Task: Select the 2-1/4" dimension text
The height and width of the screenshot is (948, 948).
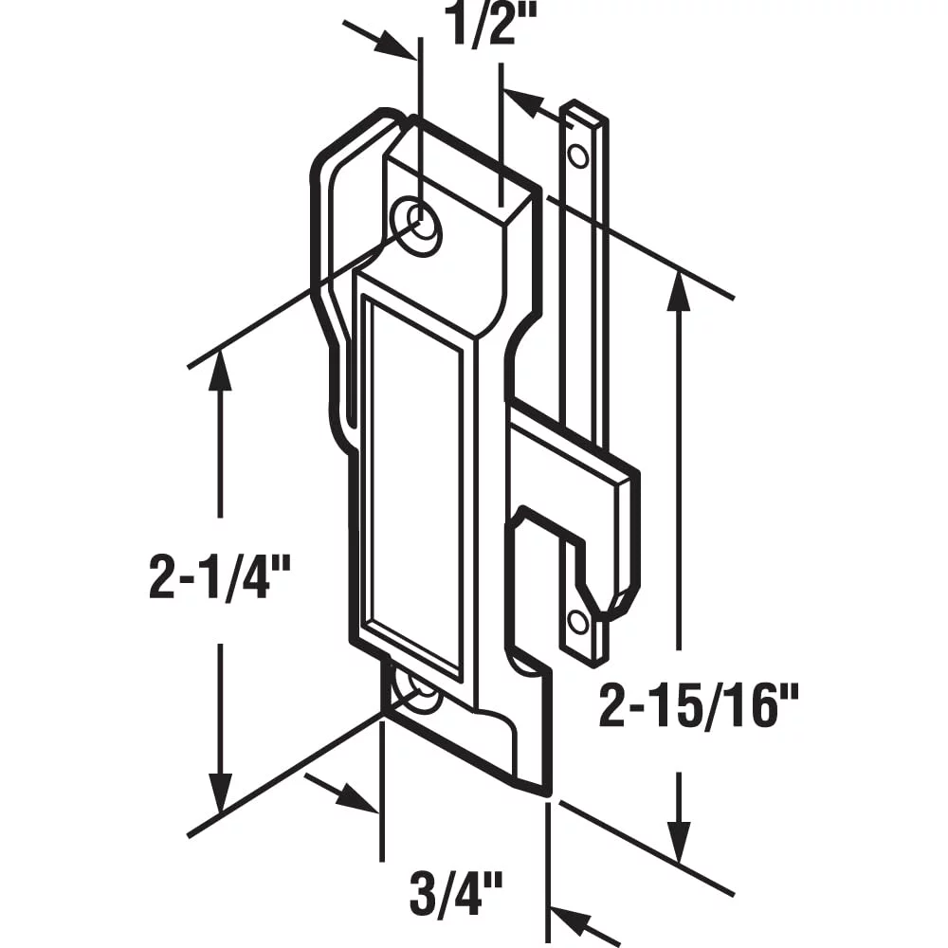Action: [220, 576]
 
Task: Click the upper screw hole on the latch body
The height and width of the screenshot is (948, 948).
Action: [416, 227]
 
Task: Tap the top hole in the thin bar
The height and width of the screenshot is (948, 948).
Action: [578, 157]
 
